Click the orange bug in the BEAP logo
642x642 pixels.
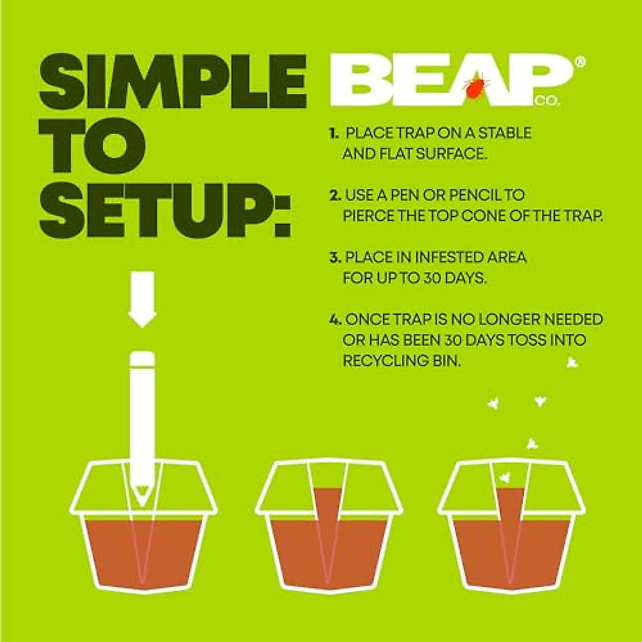coord(475,88)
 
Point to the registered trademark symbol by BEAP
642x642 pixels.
coord(580,62)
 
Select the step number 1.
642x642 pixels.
coord(334,133)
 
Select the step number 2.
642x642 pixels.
coord(335,195)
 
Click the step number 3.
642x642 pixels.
coord(335,258)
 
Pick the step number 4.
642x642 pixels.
coord(335,320)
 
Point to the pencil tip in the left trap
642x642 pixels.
coord(142,491)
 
